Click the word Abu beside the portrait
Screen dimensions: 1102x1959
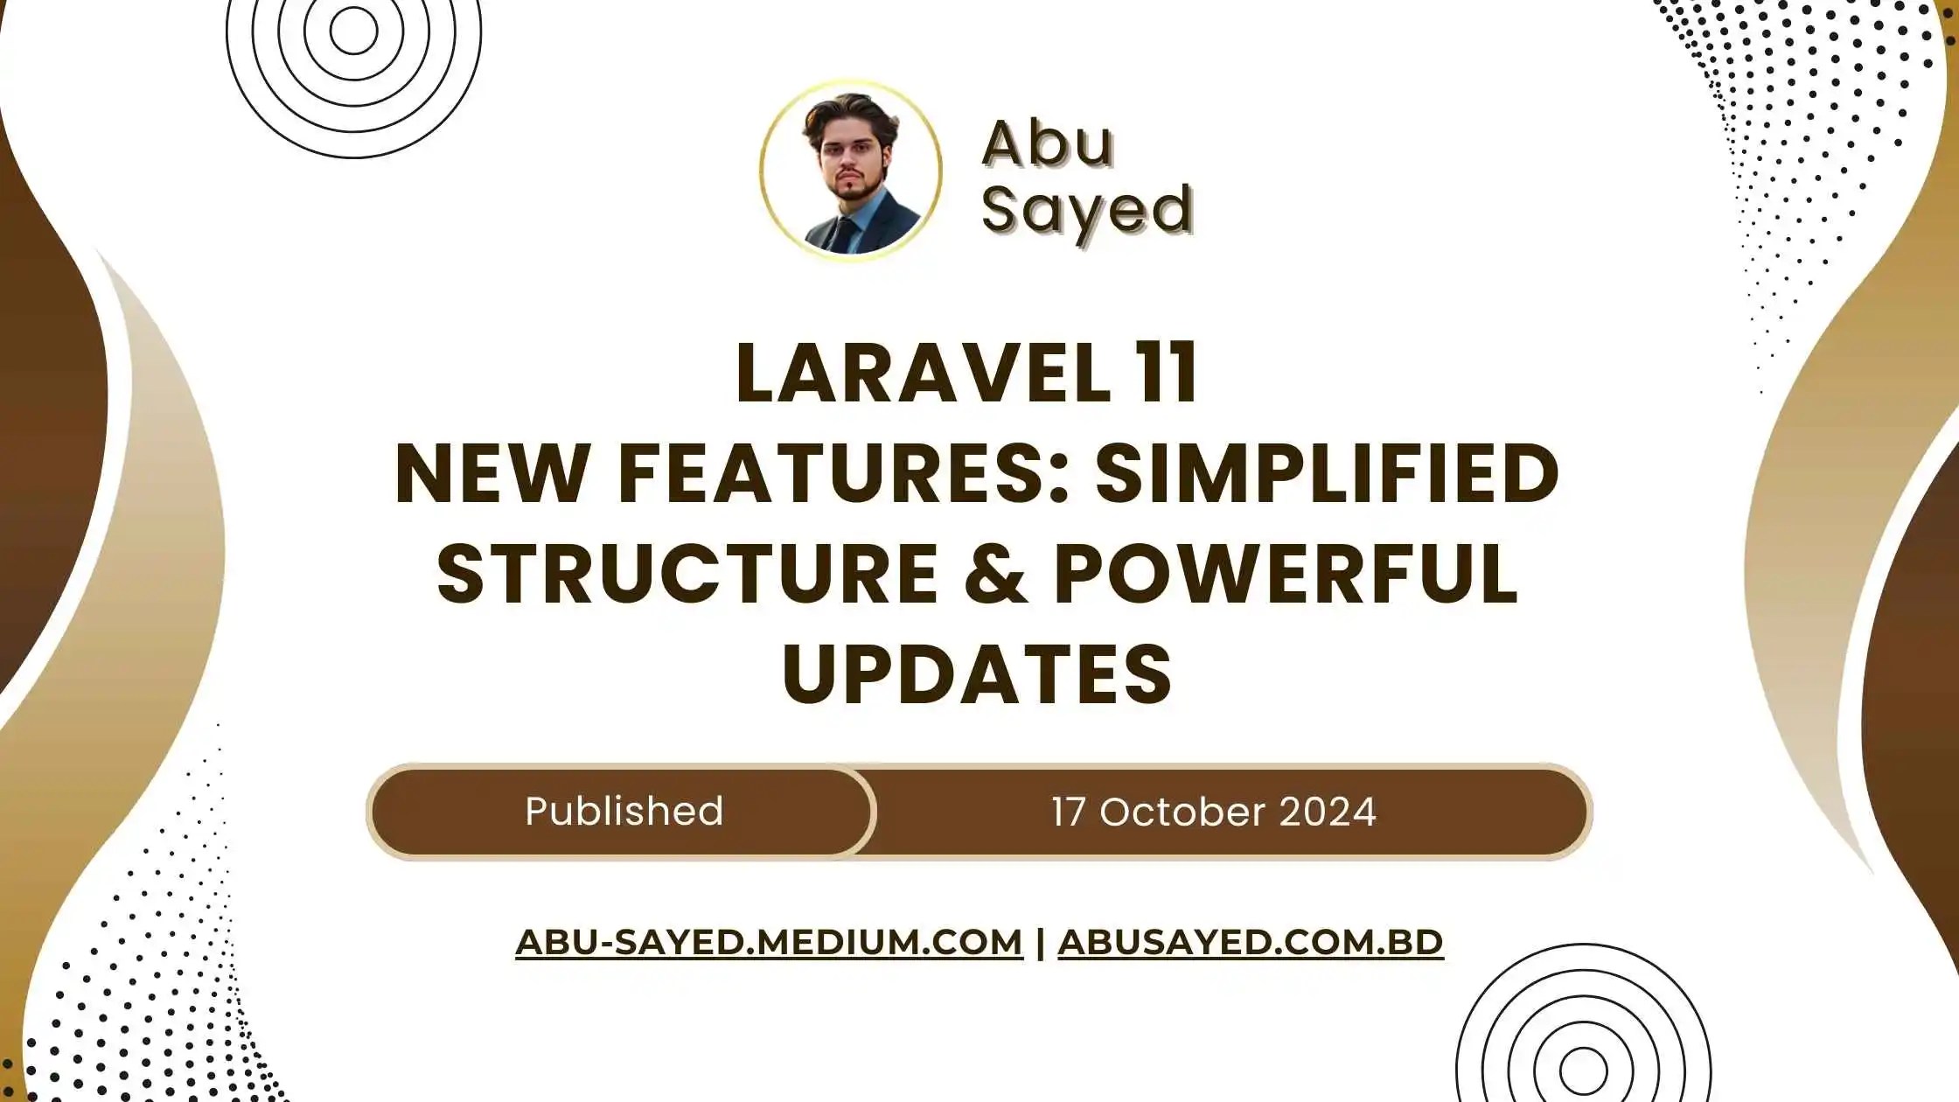click(x=1047, y=143)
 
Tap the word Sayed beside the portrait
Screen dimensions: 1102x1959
click(x=1087, y=210)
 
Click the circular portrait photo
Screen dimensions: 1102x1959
click(x=851, y=171)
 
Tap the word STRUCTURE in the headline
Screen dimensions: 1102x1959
click(x=687, y=575)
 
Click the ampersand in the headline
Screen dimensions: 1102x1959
click(x=996, y=575)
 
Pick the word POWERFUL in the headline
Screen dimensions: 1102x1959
click(x=1286, y=575)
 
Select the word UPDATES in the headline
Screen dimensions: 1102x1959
click(x=976, y=674)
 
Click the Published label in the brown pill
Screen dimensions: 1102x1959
click(x=624, y=812)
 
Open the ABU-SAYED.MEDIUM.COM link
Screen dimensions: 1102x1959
click(x=769, y=943)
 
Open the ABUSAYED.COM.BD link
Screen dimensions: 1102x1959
click(x=1250, y=943)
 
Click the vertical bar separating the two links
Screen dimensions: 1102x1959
click(x=1040, y=943)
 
